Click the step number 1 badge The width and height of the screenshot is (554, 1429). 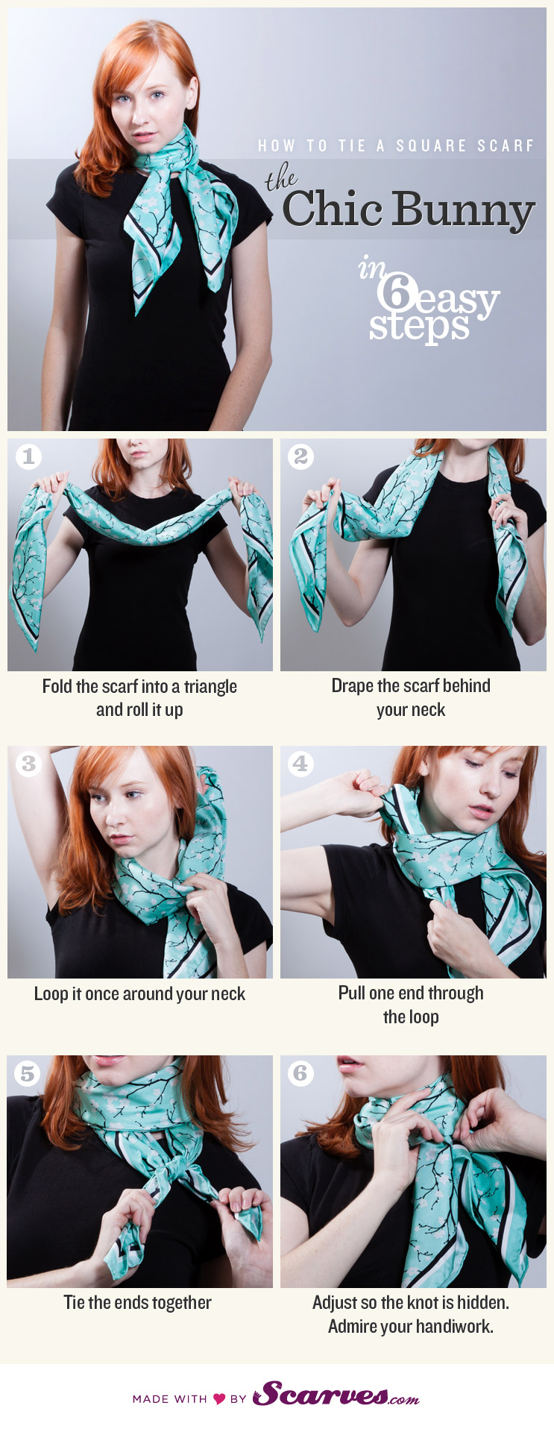28,456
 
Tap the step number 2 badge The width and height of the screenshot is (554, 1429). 300,456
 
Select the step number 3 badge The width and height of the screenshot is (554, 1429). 28,764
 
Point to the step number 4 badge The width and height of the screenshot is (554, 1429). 300,764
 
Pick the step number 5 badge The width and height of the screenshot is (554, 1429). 28,1073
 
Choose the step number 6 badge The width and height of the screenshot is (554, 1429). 300,1073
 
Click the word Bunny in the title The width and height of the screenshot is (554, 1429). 463,210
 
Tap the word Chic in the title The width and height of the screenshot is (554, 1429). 332,209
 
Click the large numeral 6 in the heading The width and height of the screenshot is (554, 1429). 394,292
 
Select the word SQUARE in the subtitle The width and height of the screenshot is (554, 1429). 432,146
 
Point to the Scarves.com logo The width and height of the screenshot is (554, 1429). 336,1394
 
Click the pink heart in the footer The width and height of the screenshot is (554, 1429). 219,1399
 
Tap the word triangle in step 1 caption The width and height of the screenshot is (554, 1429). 210,687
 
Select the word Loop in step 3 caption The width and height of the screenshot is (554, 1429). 51,994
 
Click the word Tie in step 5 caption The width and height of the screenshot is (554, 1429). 74,1303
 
